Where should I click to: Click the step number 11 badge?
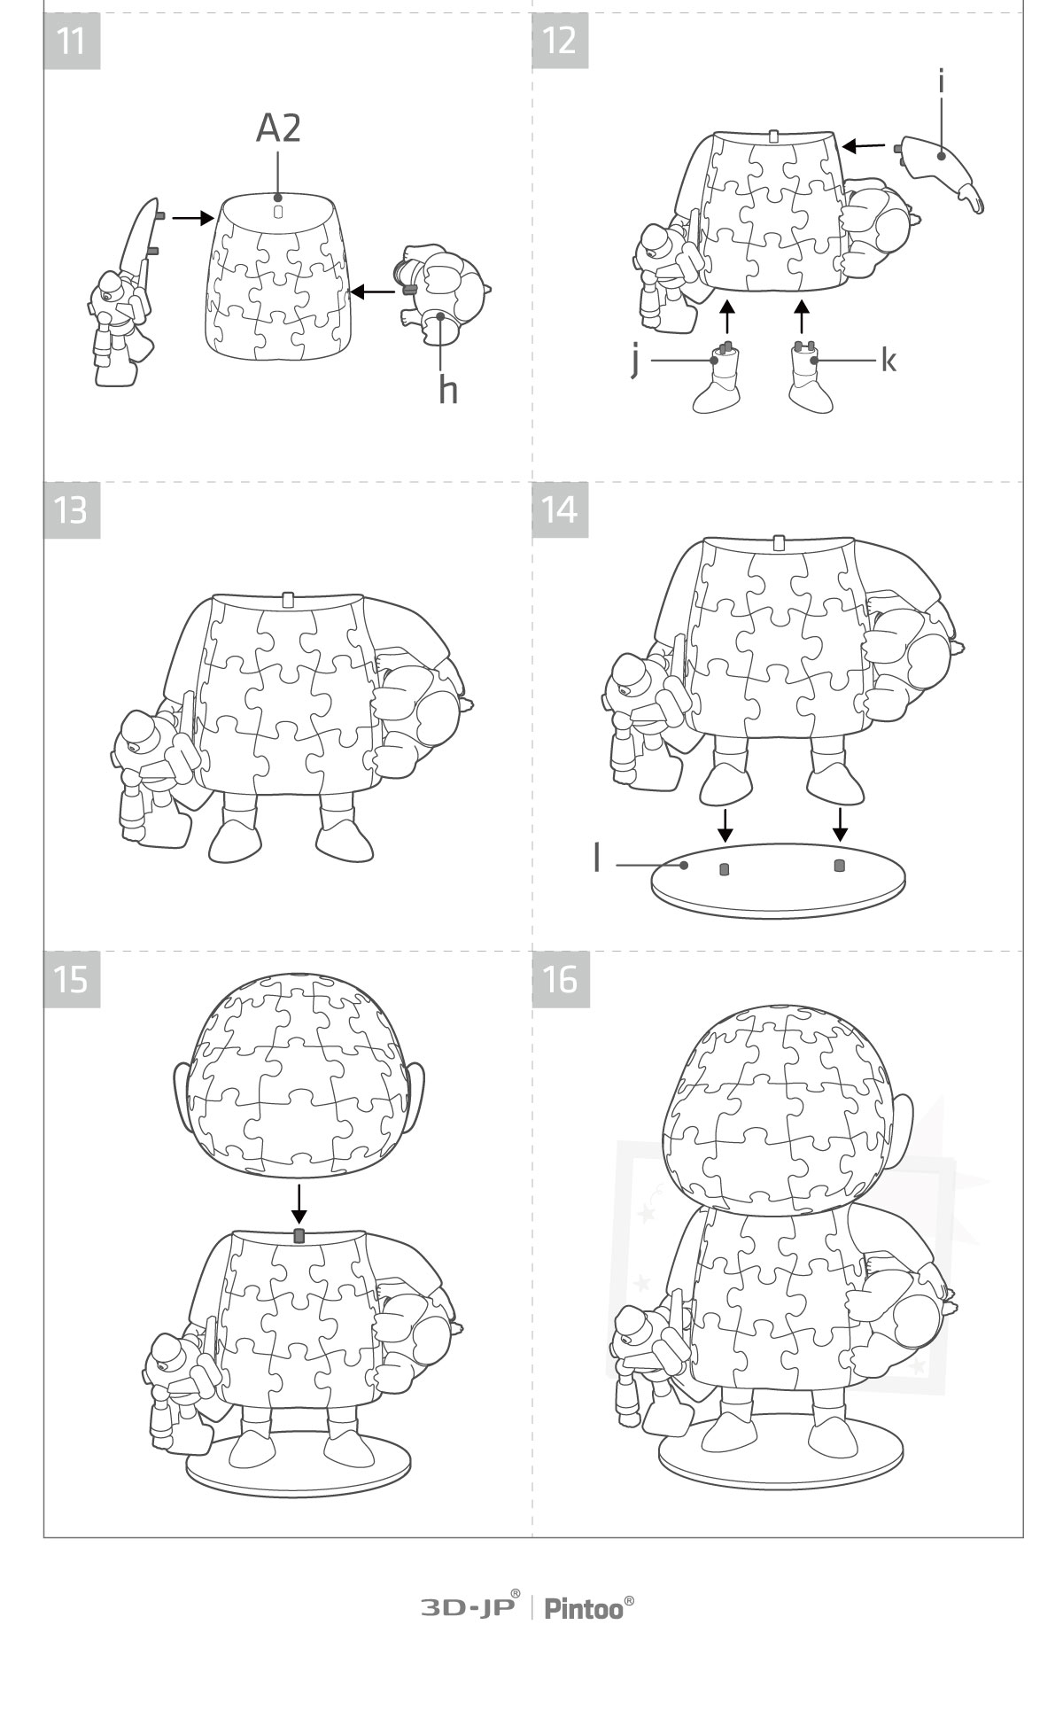coord(72,41)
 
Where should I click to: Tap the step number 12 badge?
coord(560,41)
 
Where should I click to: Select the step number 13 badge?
coord(72,510)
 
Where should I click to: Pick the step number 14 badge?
coord(560,510)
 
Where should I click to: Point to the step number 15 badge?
coord(72,979)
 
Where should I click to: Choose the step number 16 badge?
coord(560,979)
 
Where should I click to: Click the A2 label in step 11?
coord(278,128)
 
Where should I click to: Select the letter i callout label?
coord(941,82)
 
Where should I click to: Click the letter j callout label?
coord(634,361)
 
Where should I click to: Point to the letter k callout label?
coord(888,360)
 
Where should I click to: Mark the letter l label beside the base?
coord(597,858)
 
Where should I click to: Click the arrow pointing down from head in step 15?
coord(299,1202)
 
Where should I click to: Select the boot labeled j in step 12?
coord(720,378)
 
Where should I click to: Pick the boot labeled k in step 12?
coord(811,378)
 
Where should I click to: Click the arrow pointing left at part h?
coord(372,291)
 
